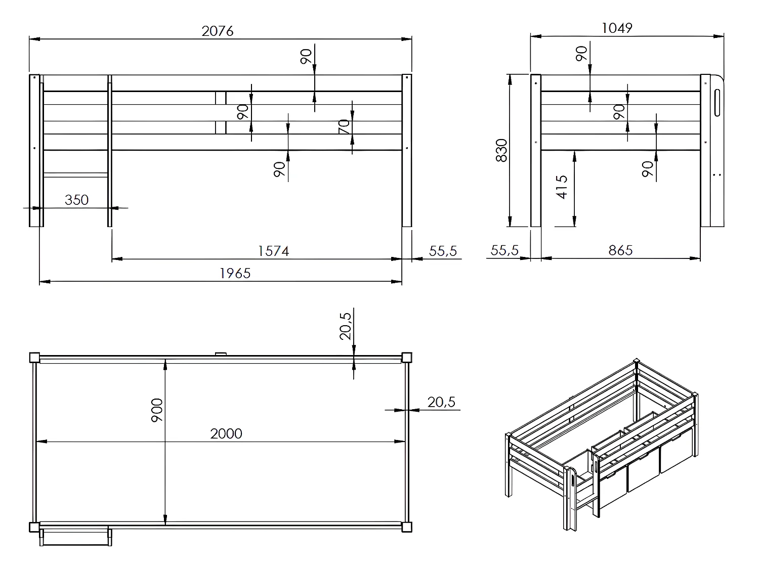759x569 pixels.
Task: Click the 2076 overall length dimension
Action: tap(218, 31)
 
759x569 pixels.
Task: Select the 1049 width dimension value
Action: tap(617, 28)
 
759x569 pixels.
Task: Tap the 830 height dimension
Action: tap(501, 150)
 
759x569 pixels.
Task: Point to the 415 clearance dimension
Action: tap(562, 187)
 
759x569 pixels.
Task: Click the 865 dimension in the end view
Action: tap(620, 250)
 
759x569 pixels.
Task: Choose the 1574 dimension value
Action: tap(273, 251)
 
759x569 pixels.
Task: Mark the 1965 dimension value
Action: tap(235, 273)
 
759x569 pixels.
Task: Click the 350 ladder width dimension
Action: tap(76, 200)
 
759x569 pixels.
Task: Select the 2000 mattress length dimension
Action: tap(226, 433)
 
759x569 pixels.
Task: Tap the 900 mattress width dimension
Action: tap(157, 411)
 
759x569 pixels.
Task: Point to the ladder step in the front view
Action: tap(76, 175)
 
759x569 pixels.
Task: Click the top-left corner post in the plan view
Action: tap(34, 357)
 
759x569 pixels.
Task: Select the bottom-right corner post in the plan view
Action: tap(406, 527)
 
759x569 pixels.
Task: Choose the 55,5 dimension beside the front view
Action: tap(443, 250)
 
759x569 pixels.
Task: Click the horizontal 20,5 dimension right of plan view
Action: tap(441, 402)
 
